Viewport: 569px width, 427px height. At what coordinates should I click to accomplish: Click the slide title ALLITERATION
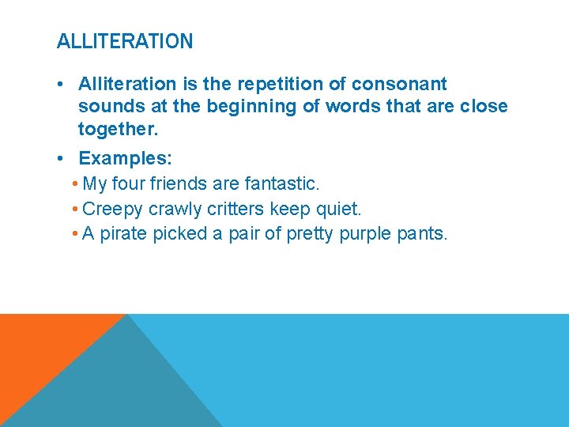[x=125, y=41]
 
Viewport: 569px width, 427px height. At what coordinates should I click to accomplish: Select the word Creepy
[x=111, y=209]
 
